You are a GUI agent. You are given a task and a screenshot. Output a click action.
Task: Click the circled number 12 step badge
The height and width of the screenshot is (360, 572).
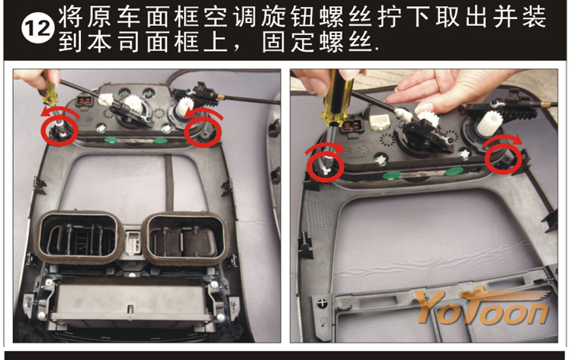coord(38,29)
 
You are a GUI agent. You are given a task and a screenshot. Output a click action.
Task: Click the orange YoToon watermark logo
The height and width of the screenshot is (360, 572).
coord(482,307)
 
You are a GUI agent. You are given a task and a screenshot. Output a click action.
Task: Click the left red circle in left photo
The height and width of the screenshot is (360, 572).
coord(59,130)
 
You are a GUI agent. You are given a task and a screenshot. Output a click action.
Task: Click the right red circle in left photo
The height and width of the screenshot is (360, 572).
coord(203,132)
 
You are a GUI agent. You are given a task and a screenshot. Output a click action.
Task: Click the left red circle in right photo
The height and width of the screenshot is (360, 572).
coord(325,166)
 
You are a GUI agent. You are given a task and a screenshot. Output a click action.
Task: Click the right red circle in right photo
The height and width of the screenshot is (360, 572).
coord(503,158)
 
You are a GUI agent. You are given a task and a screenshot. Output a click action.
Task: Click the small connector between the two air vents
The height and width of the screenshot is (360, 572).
coord(133,241)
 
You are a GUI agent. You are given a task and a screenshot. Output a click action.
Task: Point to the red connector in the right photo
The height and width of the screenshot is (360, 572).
coord(349,126)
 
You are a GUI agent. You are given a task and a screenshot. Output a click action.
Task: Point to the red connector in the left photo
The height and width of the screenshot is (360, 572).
coord(85,101)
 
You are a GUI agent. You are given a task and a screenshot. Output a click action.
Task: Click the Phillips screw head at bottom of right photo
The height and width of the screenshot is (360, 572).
coord(322,303)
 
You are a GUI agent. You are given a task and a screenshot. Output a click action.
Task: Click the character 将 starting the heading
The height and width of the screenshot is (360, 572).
coord(70,17)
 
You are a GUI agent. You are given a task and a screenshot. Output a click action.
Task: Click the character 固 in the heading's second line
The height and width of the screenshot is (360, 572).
coord(274,42)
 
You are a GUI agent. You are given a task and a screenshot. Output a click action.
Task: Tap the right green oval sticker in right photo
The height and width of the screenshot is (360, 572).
coord(454,171)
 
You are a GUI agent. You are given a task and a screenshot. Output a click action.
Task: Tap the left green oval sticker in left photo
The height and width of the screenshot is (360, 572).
coord(111,140)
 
